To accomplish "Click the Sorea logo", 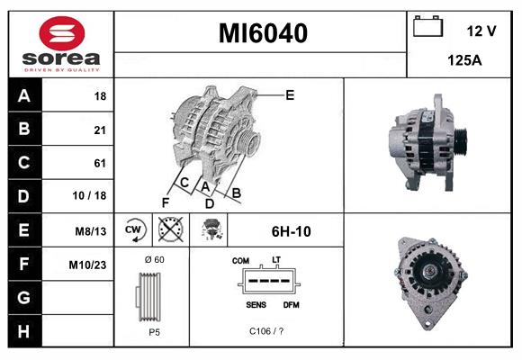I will point(58,45).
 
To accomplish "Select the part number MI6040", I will point(263,34).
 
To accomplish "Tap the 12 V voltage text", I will point(481,31).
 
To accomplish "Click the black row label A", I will point(23,95).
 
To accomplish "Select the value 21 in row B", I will point(99,130).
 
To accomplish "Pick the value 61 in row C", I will point(99,163).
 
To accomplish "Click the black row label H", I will point(23,331).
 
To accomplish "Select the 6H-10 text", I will point(291,231).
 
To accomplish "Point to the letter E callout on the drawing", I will point(290,94).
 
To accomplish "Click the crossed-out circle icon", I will point(169,230).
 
